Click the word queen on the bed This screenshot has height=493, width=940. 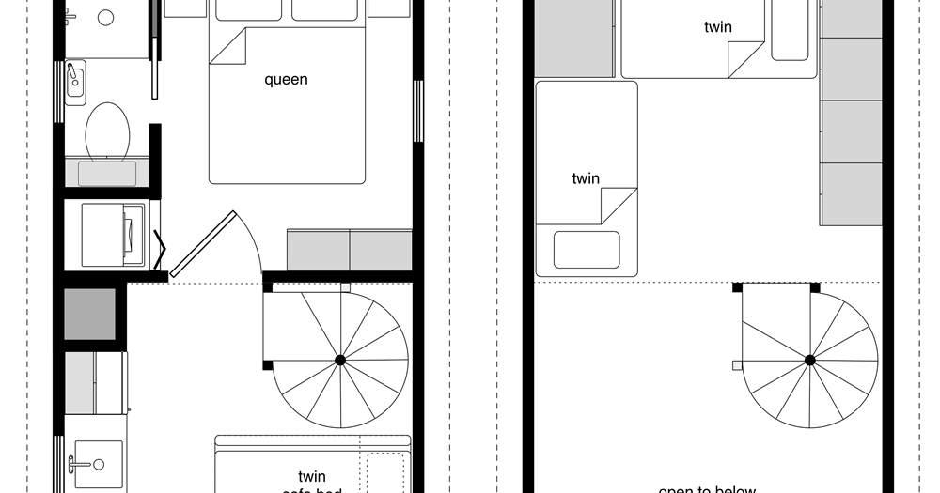[286, 80]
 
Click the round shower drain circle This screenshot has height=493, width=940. [105, 17]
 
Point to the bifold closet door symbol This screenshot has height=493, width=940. [161, 252]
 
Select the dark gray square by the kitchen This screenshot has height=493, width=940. [90, 314]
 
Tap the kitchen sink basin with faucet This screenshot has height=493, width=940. [96, 464]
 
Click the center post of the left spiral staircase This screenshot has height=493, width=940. [340, 360]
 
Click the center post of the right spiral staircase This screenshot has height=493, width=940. [809, 360]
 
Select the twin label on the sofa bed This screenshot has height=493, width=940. [312, 476]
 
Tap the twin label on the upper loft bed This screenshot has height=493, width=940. [718, 27]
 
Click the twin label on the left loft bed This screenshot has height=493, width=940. [586, 178]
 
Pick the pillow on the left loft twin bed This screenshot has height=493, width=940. [587, 250]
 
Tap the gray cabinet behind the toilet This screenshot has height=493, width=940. [106, 173]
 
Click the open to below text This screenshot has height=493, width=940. [705, 489]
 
